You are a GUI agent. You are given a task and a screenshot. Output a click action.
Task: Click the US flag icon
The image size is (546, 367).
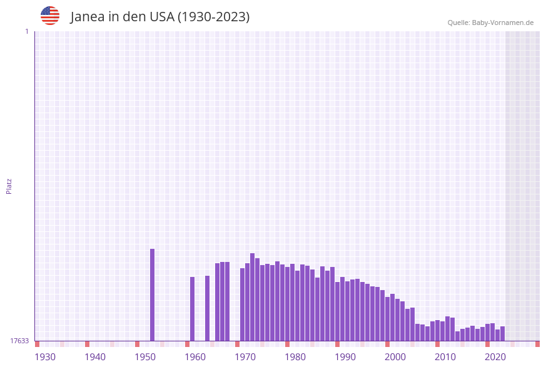[50, 16]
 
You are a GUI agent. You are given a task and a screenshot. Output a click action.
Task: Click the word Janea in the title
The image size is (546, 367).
[86, 17]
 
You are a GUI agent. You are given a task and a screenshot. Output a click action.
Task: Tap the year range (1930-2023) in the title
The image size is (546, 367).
[213, 17]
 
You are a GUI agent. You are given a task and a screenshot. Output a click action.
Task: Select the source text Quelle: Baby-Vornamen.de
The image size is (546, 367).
[490, 23]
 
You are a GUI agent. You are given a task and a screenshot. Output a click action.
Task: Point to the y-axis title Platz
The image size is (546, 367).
[9, 186]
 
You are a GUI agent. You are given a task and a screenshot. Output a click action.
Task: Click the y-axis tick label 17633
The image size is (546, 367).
[19, 341]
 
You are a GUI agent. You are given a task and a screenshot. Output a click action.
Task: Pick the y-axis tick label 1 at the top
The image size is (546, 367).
[26, 31]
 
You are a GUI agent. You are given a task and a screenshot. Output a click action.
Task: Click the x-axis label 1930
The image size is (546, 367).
[45, 357]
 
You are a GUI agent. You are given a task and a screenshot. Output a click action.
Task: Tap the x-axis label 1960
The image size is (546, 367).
[195, 357]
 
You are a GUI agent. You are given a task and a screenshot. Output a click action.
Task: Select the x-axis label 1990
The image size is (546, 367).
[345, 357]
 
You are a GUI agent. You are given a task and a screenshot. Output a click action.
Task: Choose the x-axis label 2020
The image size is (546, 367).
[495, 357]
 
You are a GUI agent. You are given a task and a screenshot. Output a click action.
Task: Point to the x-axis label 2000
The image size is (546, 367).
[395, 357]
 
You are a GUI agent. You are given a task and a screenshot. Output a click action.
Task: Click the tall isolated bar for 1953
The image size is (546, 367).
[152, 294]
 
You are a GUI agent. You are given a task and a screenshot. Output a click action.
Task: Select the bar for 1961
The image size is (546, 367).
[193, 309]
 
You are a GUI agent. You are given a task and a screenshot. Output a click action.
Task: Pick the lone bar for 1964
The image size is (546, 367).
[208, 308]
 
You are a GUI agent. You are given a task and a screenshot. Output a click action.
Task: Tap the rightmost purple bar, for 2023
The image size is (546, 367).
[502, 333]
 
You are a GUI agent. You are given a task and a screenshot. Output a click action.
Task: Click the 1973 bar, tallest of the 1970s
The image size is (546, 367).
[253, 297]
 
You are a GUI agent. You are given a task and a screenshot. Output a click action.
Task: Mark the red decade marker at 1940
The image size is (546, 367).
[88, 344]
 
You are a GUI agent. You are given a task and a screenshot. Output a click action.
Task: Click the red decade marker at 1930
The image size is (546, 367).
[38, 344]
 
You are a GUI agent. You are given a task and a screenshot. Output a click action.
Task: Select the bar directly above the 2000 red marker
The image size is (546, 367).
[388, 319]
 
